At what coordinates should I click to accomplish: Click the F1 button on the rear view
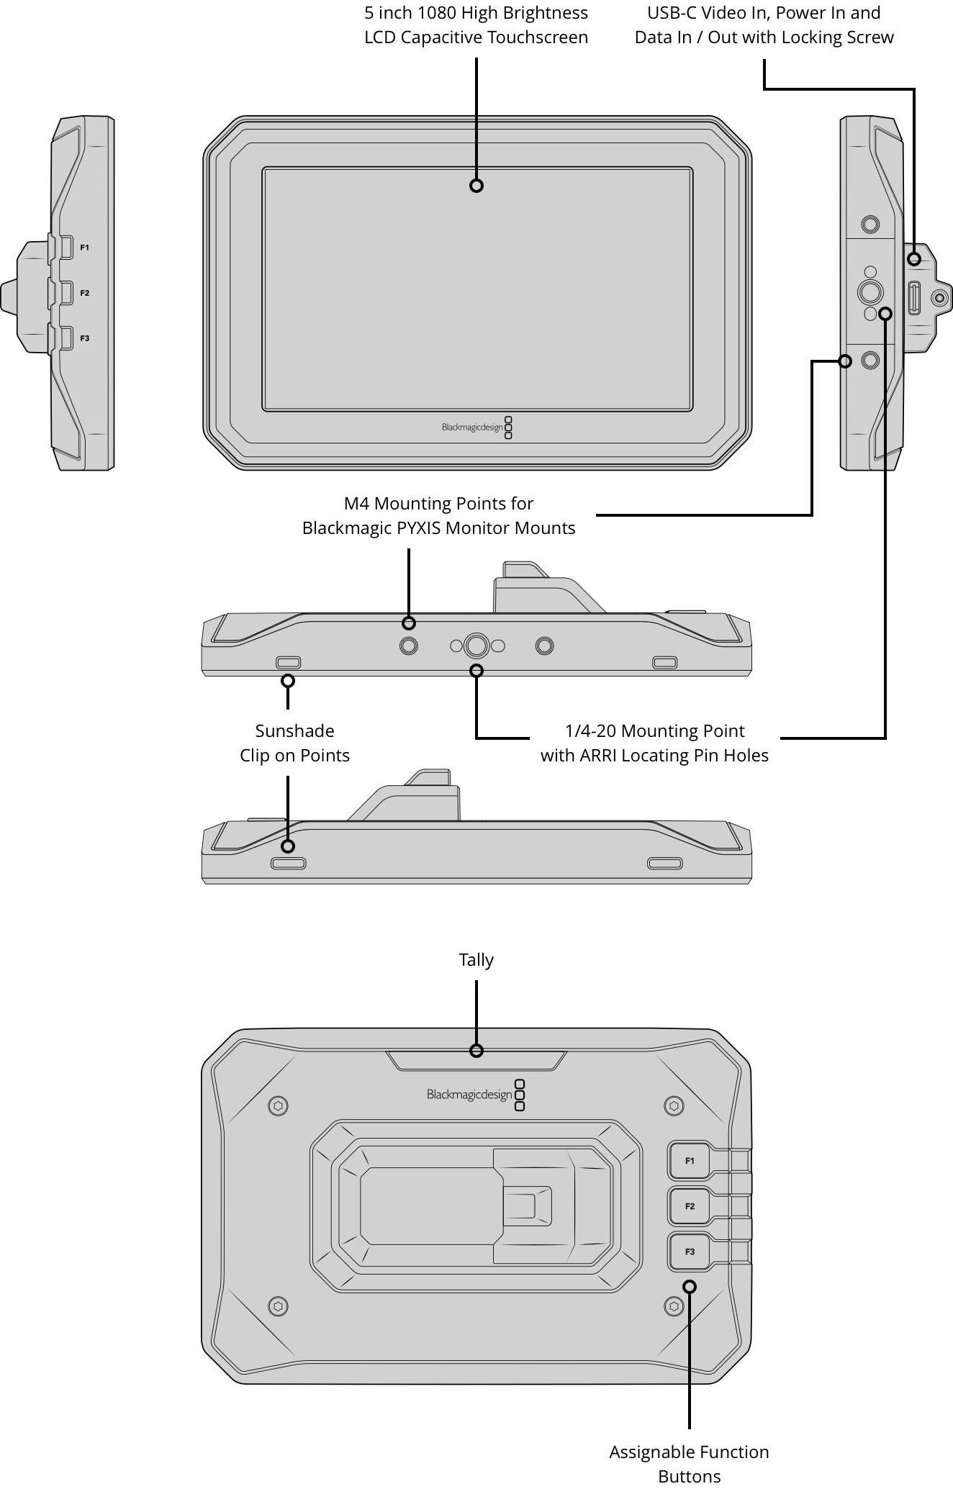pyautogui.click(x=690, y=1160)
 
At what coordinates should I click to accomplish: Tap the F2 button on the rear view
pyautogui.click(x=690, y=1206)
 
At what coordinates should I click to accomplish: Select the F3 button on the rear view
pyautogui.click(x=690, y=1252)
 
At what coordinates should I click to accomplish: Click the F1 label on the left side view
pyautogui.click(x=85, y=248)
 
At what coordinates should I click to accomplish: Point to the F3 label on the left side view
pyautogui.click(x=85, y=338)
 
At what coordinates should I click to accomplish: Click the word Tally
pyautogui.click(x=476, y=959)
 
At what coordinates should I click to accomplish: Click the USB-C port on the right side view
pyautogui.click(x=914, y=298)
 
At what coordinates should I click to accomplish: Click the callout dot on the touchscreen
pyautogui.click(x=476, y=186)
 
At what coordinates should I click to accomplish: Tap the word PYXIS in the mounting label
pyautogui.click(x=419, y=528)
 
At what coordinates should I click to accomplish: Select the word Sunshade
pyautogui.click(x=294, y=730)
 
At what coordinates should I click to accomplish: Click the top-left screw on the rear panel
pyautogui.click(x=278, y=1105)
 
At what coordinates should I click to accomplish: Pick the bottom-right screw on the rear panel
pyautogui.click(x=674, y=1305)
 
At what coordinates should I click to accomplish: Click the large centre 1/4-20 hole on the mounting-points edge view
pyautogui.click(x=476, y=646)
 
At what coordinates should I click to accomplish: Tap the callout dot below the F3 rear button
pyautogui.click(x=689, y=1287)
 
